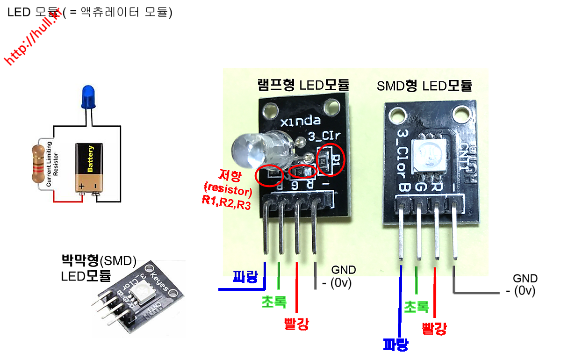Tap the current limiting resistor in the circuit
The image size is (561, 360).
pyautogui.click(x=39, y=164)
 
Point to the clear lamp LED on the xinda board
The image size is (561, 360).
pyautogui.click(x=246, y=151)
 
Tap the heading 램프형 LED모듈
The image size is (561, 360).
pyautogui.click(x=303, y=85)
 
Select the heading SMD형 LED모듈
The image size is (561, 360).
pyautogui.click(x=424, y=86)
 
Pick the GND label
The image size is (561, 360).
pyautogui.click(x=344, y=270)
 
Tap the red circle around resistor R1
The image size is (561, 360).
pyautogui.click(x=331, y=159)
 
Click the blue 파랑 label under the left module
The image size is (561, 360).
pyautogui.click(x=245, y=277)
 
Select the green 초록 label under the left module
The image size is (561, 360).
pyautogui.click(x=274, y=302)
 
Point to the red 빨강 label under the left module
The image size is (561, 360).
pyautogui.click(x=296, y=324)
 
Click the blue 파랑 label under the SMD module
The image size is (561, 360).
pyautogui.click(x=396, y=345)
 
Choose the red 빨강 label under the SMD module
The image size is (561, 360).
pyautogui.click(x=434, y=328)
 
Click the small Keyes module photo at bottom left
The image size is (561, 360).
pyautogui.click(x=138, y=299)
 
